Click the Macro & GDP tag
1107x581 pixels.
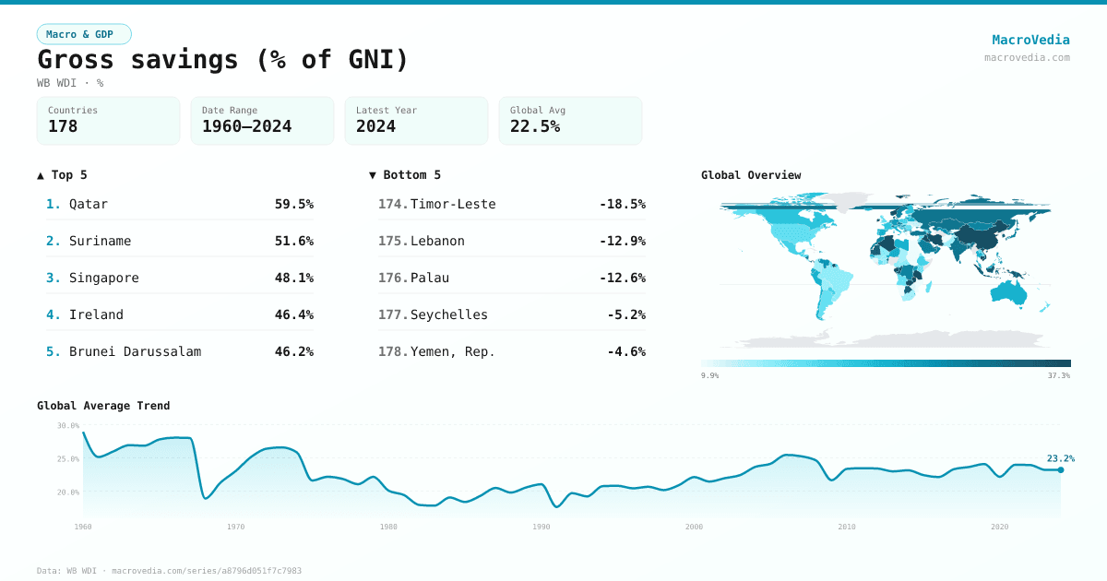click(84, 34)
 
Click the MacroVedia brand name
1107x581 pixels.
click(1030, 40)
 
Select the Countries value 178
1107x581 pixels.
click(63, 126)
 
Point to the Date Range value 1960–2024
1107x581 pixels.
click(246, 126)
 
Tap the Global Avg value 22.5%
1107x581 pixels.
click(535, 126)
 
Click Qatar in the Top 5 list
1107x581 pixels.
click(89, 204)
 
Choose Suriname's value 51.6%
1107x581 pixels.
click(293, 241)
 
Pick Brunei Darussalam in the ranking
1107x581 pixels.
click(135, 351)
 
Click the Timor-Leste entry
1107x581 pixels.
click(453, 204)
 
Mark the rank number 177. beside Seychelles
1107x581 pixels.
click(392, 314)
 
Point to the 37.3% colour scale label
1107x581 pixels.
click(1058, 375)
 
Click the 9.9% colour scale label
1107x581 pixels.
click(709, 375)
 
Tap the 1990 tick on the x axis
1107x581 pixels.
click(542, 527)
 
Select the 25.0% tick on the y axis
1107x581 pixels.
click(68, 459)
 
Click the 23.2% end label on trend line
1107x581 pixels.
click(1060, 458)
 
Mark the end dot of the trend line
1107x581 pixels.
click(1060, 470)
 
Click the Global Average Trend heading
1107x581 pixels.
click(103, 406)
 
